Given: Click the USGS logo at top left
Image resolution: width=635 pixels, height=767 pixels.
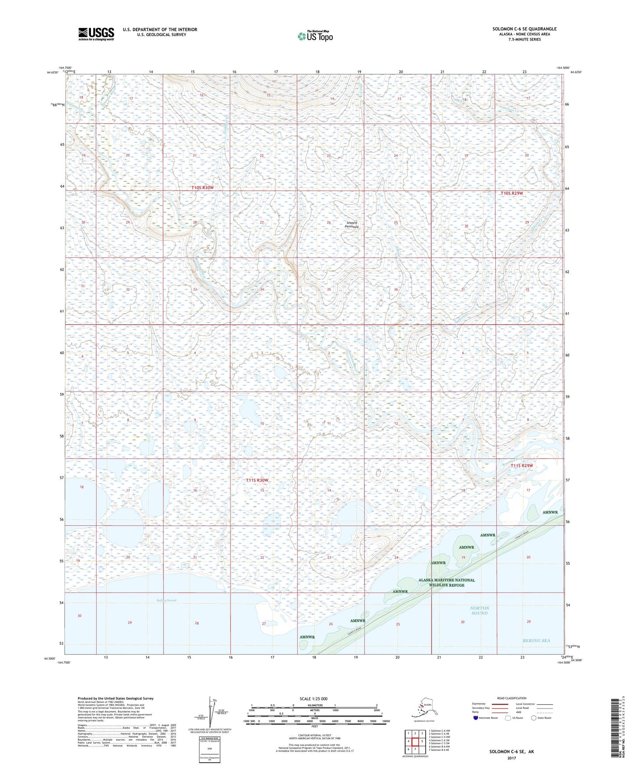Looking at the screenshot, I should (96, 34).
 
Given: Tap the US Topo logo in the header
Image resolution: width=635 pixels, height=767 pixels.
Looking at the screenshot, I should (315, 36).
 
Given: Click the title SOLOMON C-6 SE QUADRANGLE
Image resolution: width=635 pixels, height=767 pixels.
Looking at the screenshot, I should (524, 29).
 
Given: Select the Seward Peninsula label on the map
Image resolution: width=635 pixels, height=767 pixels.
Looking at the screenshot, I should (352, 225).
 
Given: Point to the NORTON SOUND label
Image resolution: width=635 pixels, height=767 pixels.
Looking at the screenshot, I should (479, 610).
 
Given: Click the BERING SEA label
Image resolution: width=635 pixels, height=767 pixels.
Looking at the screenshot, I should (536, 640).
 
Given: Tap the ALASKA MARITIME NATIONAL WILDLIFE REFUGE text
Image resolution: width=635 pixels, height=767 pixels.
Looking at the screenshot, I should (446, 582).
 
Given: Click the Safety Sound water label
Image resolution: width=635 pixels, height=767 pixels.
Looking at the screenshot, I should (166, 600).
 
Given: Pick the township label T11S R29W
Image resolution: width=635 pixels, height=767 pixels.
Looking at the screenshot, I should (522, 466).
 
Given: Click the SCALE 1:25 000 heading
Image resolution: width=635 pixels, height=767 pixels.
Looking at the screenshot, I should (313, 698).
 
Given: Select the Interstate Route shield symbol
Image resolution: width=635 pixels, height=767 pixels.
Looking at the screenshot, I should (475, 718).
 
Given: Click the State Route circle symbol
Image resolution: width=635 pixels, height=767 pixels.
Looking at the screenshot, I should (533, 718).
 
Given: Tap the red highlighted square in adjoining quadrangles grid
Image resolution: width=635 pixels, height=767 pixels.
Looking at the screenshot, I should (415, 742).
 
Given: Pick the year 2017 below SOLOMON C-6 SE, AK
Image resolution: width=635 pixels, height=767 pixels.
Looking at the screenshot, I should (512, 758).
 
